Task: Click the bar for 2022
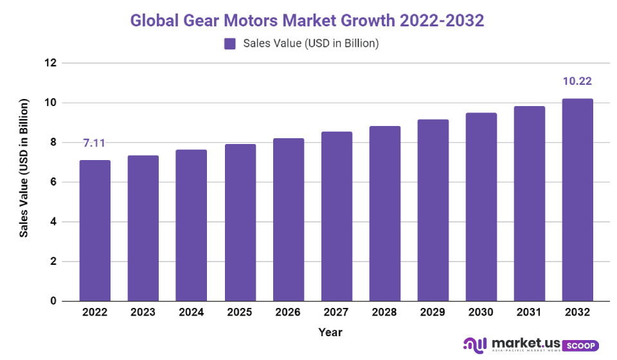tap(95, 231)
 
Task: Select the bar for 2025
tap(240, 222)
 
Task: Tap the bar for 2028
tap(385, 213)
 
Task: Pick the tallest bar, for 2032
tap(578, 200)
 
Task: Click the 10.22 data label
tap(577, 82)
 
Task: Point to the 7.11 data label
tap(94, 143)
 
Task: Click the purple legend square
tap(229, 44)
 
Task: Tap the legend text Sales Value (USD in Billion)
tap(311, 44)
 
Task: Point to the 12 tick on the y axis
tap(50, 63)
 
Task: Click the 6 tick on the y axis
tap(53, 183)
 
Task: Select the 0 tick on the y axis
tap(53, 301)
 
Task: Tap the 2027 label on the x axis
tap(336, 312)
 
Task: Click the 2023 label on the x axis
tap(143, 312)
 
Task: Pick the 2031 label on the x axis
tap(529, 312)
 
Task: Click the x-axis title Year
tap(330, 332)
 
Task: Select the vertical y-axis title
tap(24, 168)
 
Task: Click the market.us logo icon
tap(476, 346)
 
